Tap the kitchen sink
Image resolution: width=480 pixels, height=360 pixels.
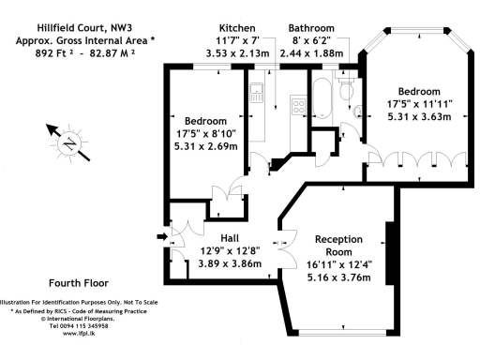pyautogui.click(x=256, y=94)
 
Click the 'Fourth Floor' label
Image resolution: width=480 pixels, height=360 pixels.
pyautogui.click(x=78, y=282)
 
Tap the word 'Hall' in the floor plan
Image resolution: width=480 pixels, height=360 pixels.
pyautogui.click(x=232, y=238)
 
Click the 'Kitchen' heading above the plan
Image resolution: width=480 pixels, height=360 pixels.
pyautogui.click(x=238, y=28)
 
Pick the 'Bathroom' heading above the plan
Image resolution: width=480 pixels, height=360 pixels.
pyautogui.click(x=311, y=28)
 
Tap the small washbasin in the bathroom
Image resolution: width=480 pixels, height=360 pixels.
pyautogui.click(x=359, y=111)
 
